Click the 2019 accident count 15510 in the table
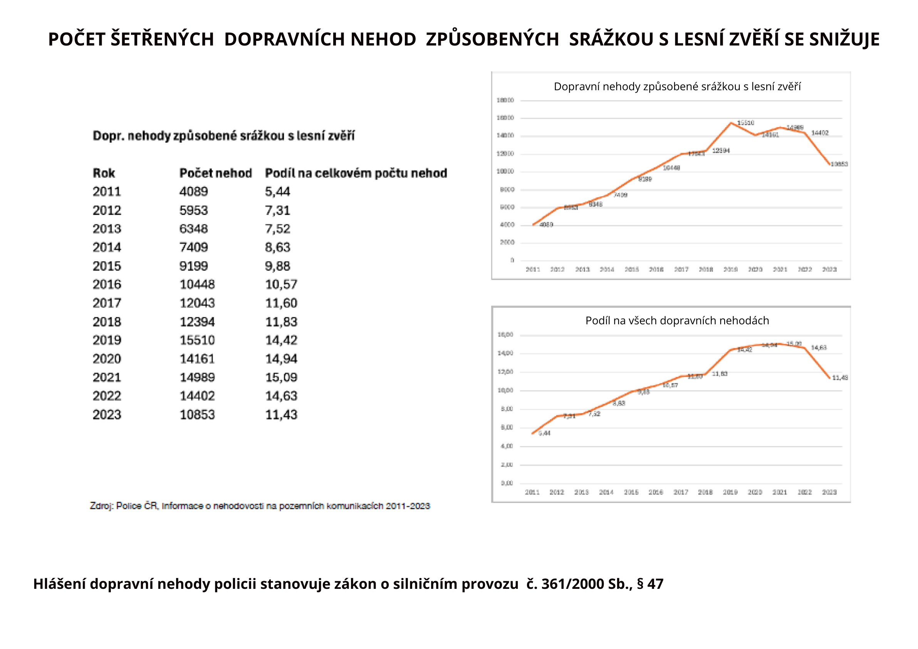[197, 340]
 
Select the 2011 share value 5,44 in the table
[277, 191]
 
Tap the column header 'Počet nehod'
[215, 173]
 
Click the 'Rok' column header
[104, 173]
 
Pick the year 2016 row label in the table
[107, 285]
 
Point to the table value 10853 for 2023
[197, 415]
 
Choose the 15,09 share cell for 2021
[281, 377]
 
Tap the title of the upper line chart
[677, 86]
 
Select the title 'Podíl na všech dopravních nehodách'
[677, 320]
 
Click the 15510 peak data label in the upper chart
[745, 123]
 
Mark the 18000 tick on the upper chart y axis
[505, 100]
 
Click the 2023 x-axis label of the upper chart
[829, 270]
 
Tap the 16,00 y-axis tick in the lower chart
[505, 335]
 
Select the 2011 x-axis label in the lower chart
[532, 492]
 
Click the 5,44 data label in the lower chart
[544, 433]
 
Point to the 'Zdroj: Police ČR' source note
[260, 506]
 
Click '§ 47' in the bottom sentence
[650, 584]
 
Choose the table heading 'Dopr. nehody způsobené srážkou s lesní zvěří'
[223, 136]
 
